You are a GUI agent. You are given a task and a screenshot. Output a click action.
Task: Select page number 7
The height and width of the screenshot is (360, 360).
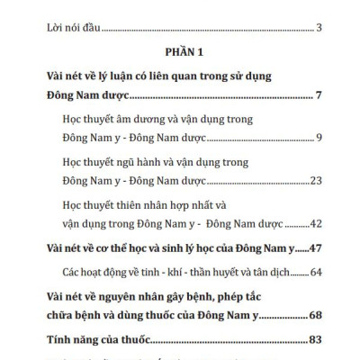point(319,94)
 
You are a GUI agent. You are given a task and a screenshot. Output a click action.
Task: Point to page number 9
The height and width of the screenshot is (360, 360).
point(319,137)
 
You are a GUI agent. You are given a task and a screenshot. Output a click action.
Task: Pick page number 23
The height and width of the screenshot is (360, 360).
point(316,181)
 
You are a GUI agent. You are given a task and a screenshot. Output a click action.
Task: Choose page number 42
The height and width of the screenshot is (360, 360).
point(316,224)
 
